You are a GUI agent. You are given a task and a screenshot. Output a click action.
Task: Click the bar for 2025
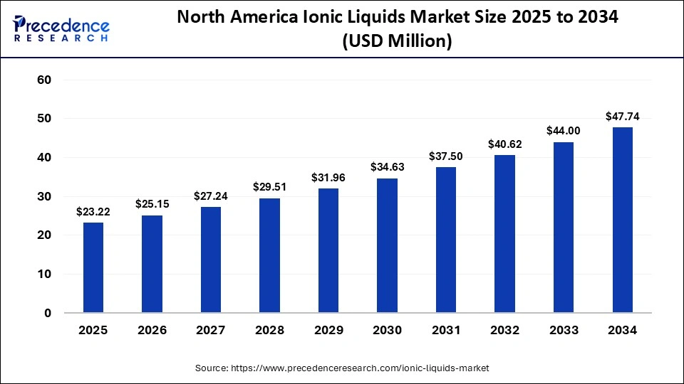coord(93,267)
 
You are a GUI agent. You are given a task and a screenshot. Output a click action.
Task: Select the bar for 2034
coord(622,220)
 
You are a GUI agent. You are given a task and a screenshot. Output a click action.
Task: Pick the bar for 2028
coord(269,255)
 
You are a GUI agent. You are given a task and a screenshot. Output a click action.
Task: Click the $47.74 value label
coord(622,116)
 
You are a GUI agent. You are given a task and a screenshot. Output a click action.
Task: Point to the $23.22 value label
coord(93,211)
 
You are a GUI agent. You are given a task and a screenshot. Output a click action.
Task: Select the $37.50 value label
coord(445,156)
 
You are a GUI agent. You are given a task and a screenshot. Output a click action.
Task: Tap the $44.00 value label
coord(563,131)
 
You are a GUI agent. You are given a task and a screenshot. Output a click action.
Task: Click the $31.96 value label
coord(328,178)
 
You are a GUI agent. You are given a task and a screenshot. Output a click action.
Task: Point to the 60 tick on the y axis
coord(44,80)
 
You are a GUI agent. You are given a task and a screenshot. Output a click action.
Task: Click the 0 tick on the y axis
coord(48,313)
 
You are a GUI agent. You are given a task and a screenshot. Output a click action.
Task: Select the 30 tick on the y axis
coord(44,196)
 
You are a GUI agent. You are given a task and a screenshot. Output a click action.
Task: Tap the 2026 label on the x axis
coord(152,331)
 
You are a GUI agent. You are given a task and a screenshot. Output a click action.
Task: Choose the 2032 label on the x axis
coord(504,331)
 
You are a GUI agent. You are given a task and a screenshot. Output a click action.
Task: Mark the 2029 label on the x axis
coord(328,331)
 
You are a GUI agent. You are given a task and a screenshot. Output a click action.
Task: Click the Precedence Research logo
coord(61,26)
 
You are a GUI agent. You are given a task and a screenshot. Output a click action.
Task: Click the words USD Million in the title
coord(397,41)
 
